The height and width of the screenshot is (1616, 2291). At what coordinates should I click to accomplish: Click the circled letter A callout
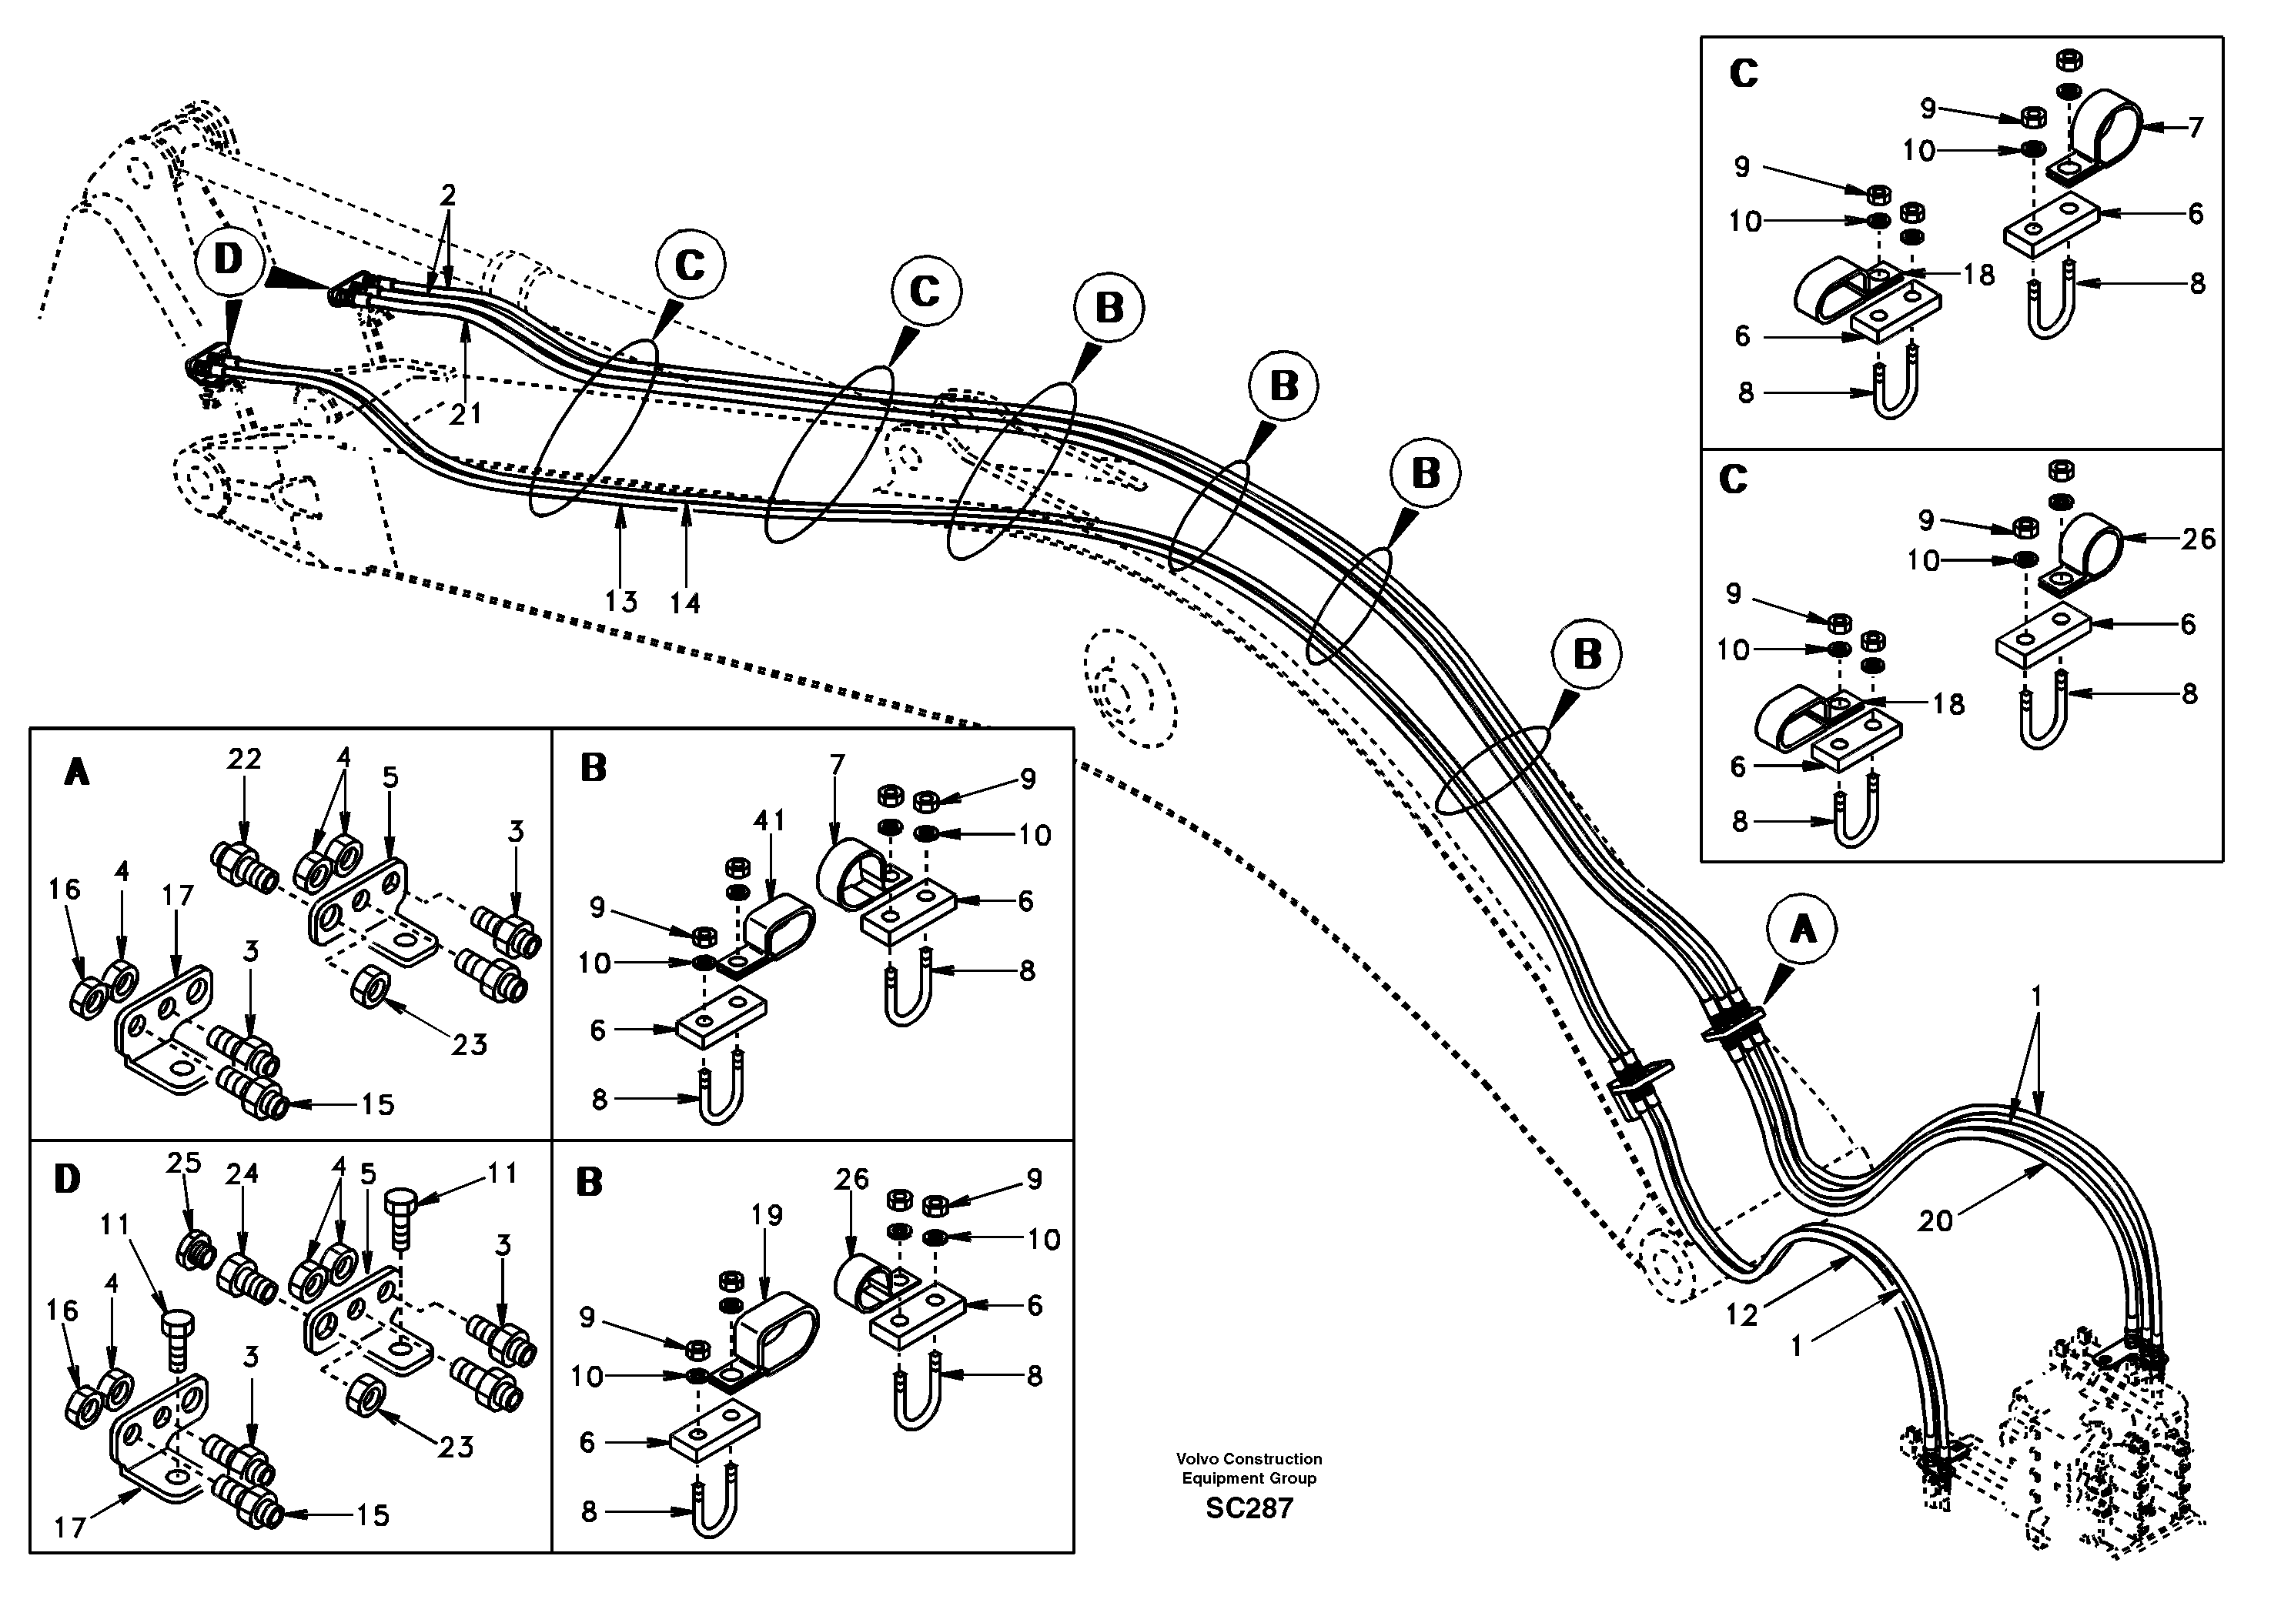(1802, 930)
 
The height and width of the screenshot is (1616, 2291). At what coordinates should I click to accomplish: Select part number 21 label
(465, 413)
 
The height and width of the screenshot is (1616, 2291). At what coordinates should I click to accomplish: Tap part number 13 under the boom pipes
(620, 602)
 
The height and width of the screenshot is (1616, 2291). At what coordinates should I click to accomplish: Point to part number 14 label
(684, 603)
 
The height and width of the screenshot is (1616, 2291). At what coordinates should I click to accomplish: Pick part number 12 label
(1741, 1316)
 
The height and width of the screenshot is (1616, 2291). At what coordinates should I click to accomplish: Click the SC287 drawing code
(1249, 1509)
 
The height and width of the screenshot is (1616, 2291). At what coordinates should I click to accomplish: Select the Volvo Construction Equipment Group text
(1249, 1468)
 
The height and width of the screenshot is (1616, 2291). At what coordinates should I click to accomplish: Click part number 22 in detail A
(243, 759)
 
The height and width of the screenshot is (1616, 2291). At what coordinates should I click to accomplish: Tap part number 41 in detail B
(768, 820)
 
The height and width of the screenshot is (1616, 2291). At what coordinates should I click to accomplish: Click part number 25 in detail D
(183, 1163)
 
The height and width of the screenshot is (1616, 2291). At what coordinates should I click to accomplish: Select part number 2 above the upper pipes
(448, 195)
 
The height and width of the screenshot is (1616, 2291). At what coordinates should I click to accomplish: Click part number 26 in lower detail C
(2198, 539)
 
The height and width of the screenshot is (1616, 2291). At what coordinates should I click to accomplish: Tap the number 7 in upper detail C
(2196, 128)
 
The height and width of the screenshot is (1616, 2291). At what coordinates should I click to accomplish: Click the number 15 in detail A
(377, 1104)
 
